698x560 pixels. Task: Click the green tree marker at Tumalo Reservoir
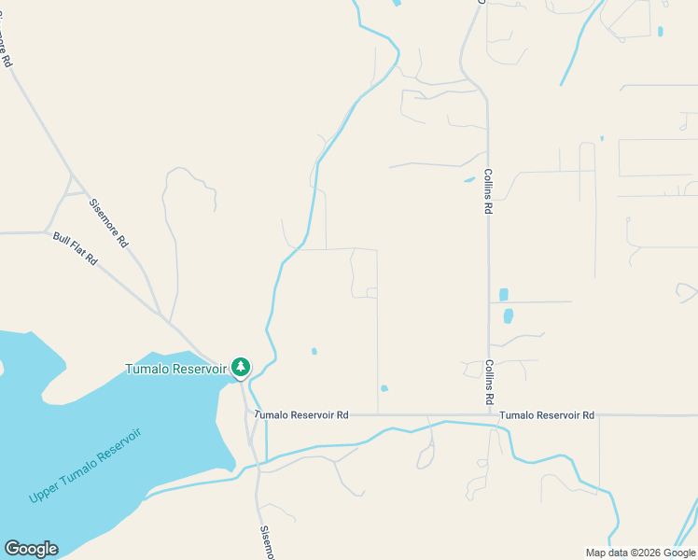click(241, 367)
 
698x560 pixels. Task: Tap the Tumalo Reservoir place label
click(176, 369)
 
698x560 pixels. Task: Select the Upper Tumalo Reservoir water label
click(84, 466)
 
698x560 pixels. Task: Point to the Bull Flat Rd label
click(75, 249)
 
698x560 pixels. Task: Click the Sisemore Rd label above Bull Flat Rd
click(108, 222)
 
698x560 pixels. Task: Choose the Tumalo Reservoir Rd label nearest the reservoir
click(301, 415)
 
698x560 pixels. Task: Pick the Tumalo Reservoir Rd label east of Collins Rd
click(546, 415)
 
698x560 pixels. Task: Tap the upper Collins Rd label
click(488, 192)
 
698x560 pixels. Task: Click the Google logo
click(31, 549)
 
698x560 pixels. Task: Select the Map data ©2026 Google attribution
click(640, 553)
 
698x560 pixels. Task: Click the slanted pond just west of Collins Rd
click(469, 180)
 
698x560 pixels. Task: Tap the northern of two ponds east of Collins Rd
click(504, 295)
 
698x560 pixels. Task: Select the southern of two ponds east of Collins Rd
click(509, 316)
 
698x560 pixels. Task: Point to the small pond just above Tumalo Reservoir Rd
click(384, 388)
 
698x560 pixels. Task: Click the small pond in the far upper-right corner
click(660, 32)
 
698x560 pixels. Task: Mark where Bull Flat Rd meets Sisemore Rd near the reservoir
click(169, 321)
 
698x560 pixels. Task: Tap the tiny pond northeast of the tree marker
click(314, 352)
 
